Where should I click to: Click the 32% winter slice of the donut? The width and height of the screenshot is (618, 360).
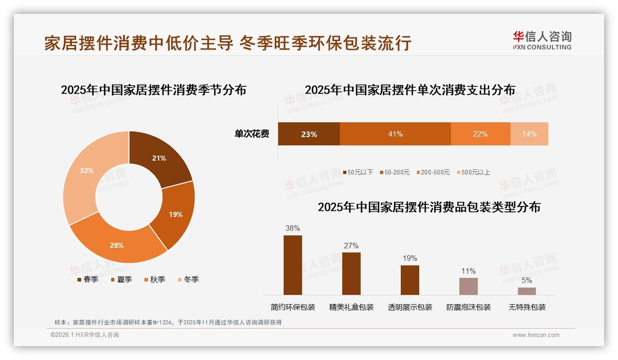coord(87,171)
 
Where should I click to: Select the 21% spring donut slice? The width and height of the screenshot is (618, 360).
coord(159,158)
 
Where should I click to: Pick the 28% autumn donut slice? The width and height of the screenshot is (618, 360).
coord(117,245)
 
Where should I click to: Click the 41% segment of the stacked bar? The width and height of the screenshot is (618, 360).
coord(395,134)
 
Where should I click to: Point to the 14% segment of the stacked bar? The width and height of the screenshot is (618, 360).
coord(529,134)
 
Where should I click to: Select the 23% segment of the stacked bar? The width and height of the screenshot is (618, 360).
coord(309,134)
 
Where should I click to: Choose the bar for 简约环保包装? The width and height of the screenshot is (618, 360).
coord(292,265)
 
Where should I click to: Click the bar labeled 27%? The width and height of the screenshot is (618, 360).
coord(351,273)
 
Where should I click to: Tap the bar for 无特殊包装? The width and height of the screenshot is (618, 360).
coord(527,291)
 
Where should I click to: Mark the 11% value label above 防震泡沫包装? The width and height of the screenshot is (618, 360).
coord(468,271)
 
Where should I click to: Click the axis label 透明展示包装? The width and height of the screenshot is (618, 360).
coord(410,307)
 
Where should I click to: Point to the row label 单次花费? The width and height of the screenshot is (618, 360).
coord(252,134)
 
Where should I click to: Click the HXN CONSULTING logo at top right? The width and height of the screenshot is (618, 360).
coord(542,41)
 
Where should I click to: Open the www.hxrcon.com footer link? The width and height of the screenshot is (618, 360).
coord(536,335)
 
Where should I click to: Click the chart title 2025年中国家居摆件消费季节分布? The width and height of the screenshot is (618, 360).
coord(154,90)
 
